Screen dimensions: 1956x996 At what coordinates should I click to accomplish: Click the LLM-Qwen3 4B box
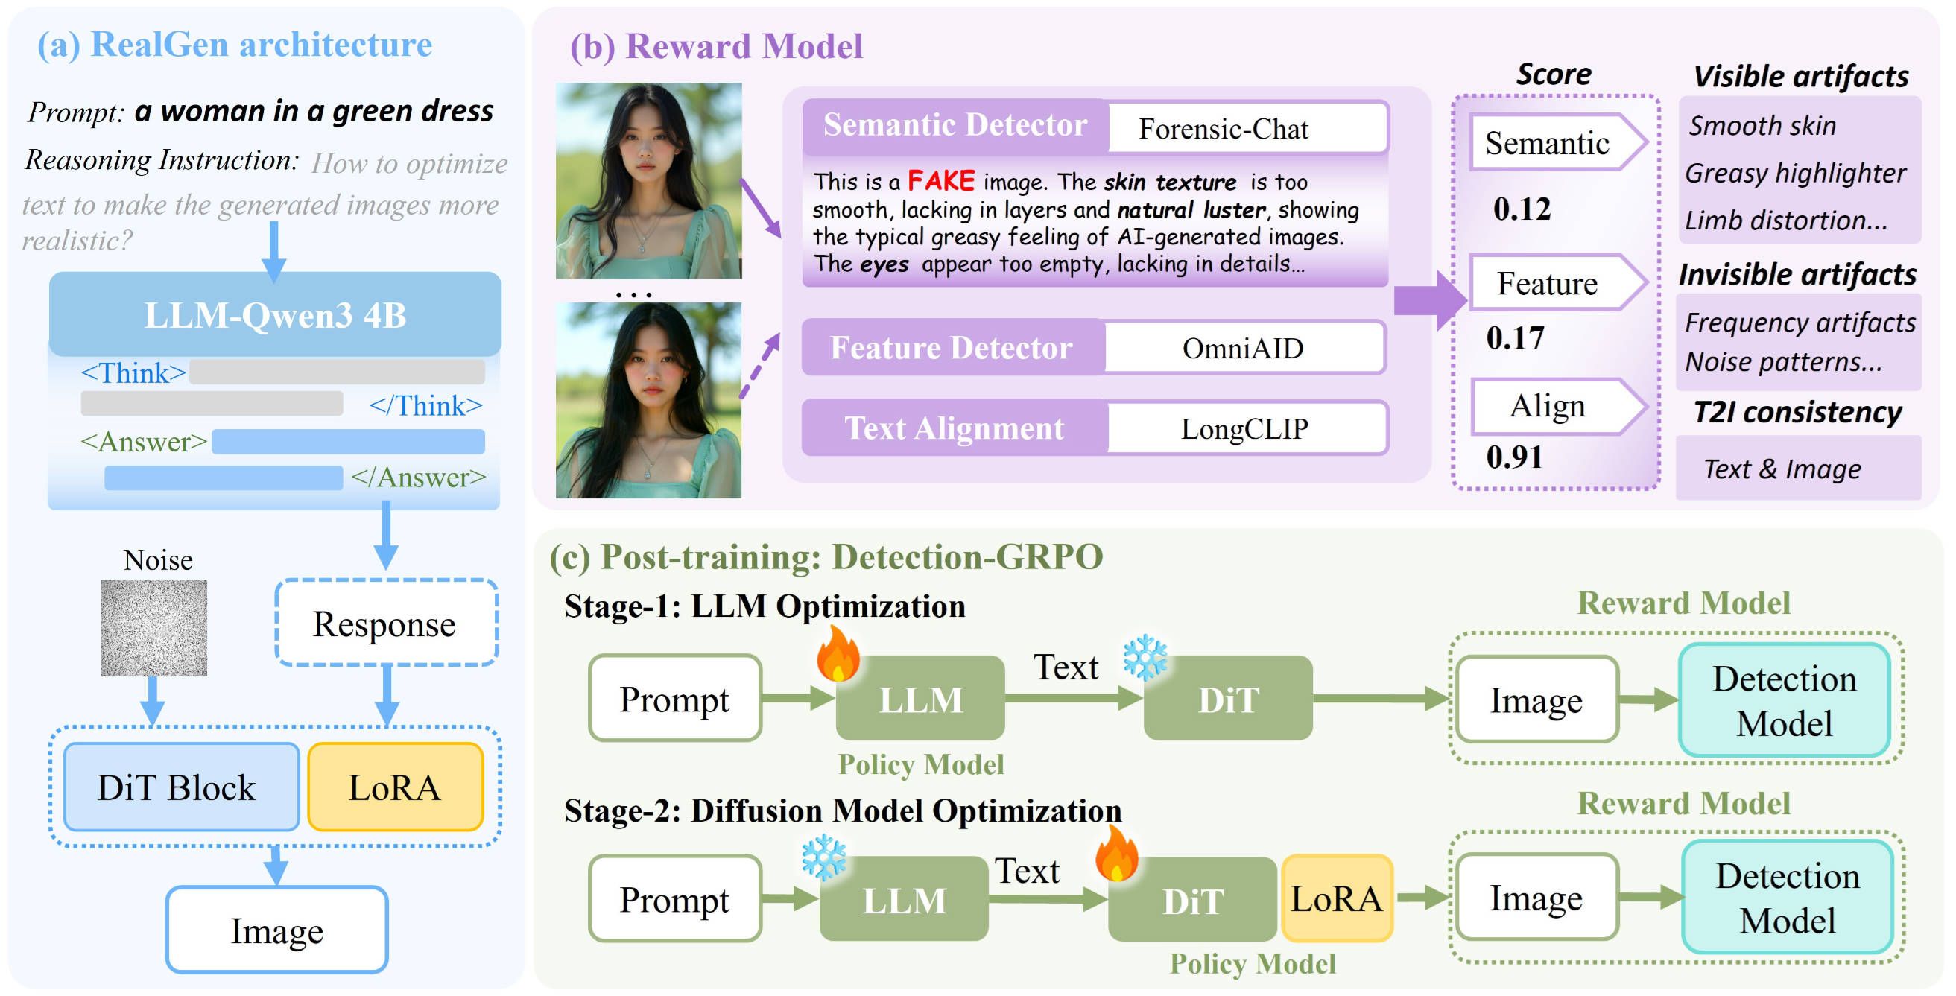tap(275, 314)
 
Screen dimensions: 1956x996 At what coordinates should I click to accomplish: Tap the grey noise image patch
tap(154, 627)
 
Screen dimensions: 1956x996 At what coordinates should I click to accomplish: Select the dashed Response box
tap(386, 623)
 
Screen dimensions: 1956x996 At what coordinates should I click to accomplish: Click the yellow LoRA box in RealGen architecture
tap(395, 787)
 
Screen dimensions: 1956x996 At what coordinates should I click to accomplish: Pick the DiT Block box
tap(182, 787)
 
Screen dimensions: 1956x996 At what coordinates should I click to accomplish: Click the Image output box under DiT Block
tap(277, 929)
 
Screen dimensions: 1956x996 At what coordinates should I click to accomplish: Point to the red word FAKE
tap(941, 181)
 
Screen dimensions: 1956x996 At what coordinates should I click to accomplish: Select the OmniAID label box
tap(1244, 348)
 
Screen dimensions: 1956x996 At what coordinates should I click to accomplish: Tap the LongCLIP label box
tap(1245, 428)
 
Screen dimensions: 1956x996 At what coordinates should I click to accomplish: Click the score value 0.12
tap(1522, 209)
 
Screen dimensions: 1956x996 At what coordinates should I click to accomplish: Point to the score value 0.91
tap(1515, 456)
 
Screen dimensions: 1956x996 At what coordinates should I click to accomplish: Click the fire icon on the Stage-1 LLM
tap(838, 653)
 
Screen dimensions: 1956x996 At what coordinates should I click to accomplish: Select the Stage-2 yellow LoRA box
tap(1336, 898)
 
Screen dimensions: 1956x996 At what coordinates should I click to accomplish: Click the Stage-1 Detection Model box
tap(1785, 700)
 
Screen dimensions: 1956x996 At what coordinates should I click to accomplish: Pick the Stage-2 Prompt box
tap(675, 899)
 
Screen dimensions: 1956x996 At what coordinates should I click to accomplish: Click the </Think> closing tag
tap(426, 405)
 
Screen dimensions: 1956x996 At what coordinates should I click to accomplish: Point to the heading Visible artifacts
tap(1800, 77)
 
